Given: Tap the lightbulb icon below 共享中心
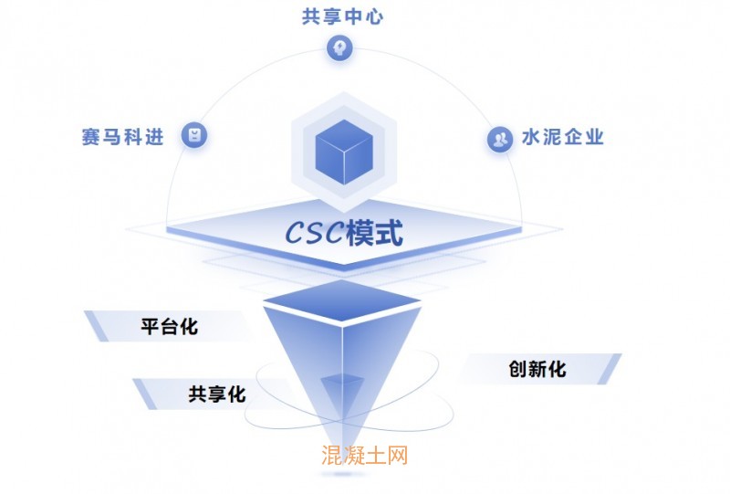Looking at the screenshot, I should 339,47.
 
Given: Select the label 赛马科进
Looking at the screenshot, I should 122,137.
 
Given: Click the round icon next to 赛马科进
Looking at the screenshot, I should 194,135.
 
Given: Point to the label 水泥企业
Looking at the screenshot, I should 563,138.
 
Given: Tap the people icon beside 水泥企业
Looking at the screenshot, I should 499,139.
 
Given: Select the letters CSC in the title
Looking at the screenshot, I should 314,234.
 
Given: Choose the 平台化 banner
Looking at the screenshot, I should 168,325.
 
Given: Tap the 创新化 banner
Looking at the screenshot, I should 537,369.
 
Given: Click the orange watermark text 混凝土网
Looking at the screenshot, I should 364,454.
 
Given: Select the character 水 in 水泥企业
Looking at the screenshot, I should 532,138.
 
